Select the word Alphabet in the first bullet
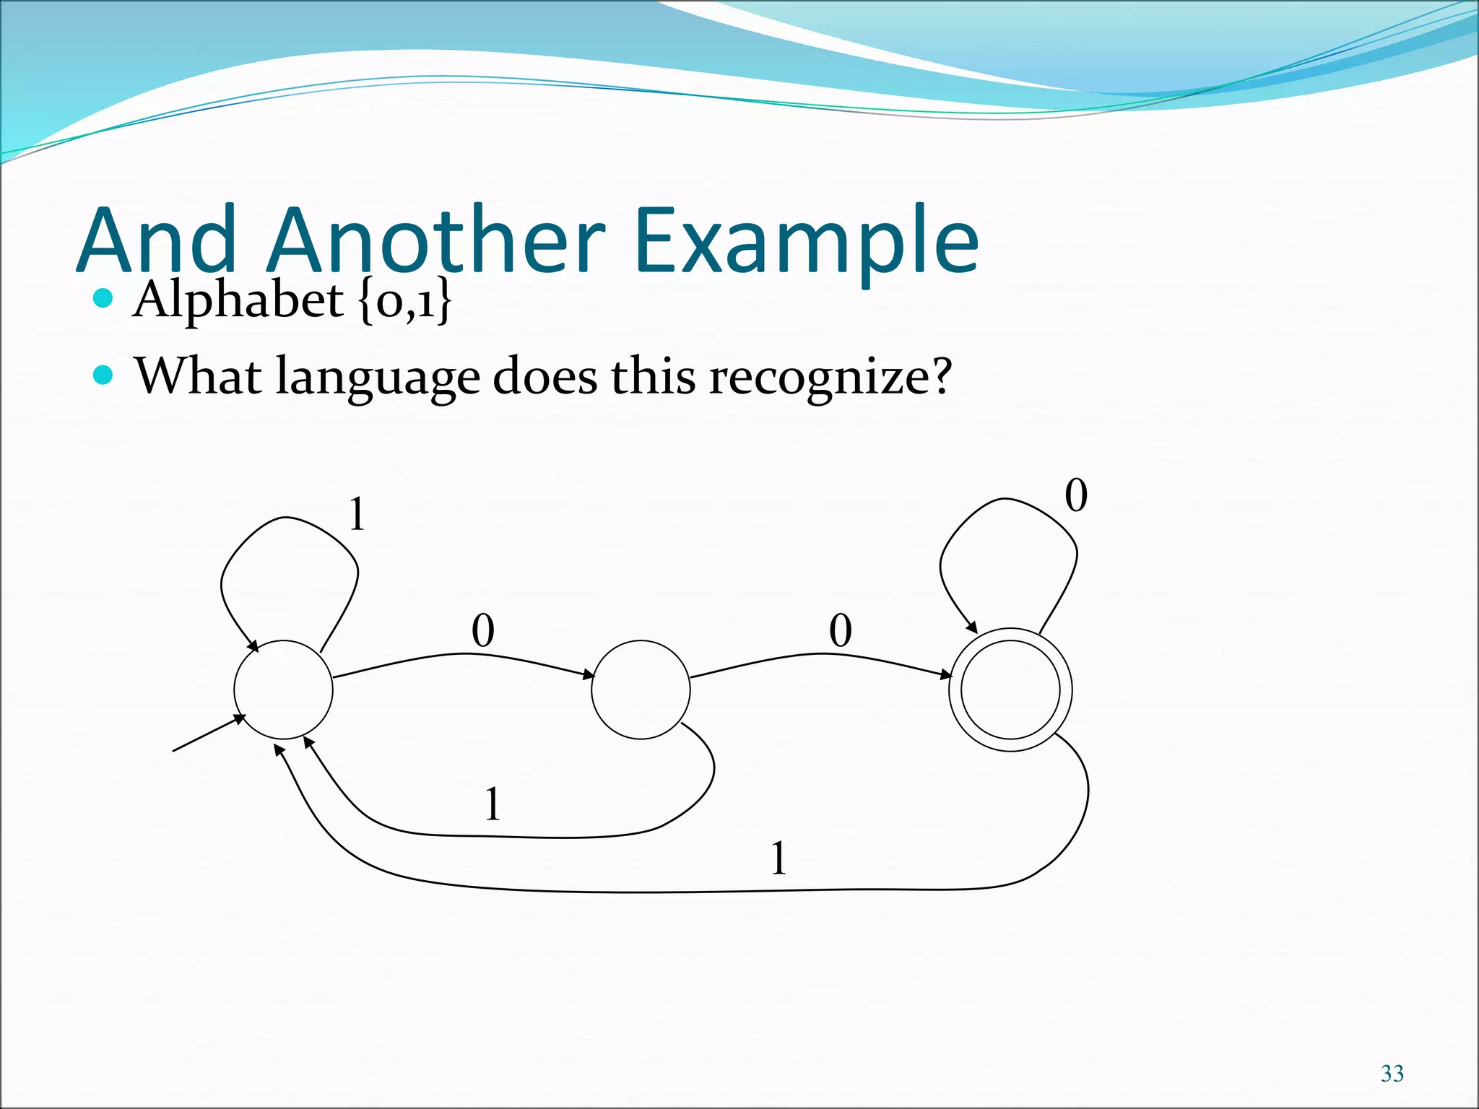tap(238, 299)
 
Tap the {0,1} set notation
tap(404, 300)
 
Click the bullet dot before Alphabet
tap(104, 297)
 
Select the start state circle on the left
tap(283, 690)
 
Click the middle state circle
tap(641, 690)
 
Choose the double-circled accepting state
tap(1010, 690)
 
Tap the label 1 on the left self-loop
tap(357, 516)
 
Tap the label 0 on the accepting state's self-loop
tap(1076, 497)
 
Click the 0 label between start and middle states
tap(483, 630)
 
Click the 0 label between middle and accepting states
tap(841, 630)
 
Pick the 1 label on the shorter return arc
tap(493, 804)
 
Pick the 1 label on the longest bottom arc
tap(778, 858)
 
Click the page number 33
tap(1392, 1074)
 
